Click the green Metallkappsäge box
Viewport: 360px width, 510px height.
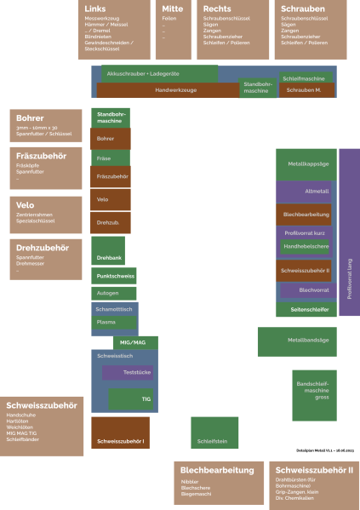306,163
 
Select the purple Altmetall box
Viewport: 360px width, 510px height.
306,192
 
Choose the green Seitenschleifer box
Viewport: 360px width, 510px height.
306,309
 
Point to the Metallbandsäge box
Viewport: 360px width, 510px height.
307,341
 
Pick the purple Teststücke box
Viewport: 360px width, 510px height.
128,373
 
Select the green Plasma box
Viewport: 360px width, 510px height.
114,323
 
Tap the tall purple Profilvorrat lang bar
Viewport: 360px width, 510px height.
349,232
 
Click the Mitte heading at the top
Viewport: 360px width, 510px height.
173,9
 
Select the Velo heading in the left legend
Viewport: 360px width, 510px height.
26,204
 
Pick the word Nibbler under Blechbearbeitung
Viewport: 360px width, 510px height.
190,482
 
